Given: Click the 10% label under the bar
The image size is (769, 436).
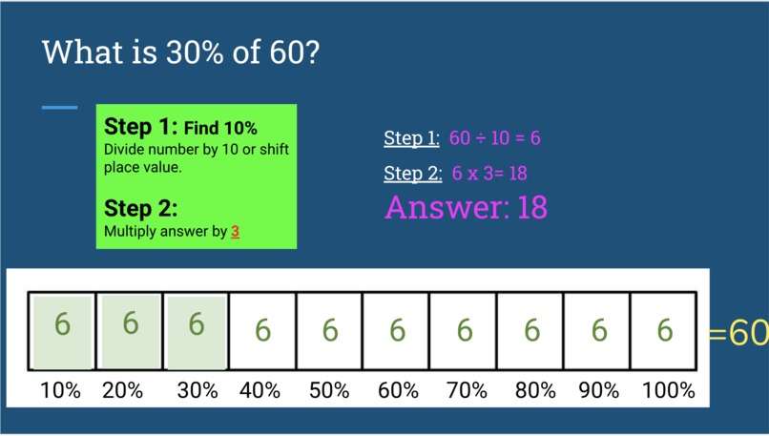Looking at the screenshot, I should [x=59, y=390].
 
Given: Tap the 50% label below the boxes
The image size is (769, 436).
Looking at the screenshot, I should [x=329, y=390].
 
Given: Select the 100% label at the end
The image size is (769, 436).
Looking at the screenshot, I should [x=668, y=390].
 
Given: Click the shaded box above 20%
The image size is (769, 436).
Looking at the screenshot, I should [x=130, y=331].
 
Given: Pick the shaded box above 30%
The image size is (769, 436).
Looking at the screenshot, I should [x=197, y=331].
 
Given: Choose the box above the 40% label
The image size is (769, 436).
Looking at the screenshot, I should [x=262, y=331].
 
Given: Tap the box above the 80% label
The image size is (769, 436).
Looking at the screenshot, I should [x=531, y=331].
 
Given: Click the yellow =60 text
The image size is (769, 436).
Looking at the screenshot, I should [x=738, y=332].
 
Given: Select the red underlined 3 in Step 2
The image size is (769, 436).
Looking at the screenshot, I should [x=235, y=232].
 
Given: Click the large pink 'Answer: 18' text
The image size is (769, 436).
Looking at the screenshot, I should [x=466, y=207].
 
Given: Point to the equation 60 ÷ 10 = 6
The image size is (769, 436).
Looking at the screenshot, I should [x=494, y=138].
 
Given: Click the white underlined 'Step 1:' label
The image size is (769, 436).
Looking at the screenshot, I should [x=411, y=138].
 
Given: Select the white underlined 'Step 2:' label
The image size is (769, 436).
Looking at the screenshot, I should [x=411, y=174].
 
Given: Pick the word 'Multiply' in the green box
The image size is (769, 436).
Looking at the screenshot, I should [x=129, y=232].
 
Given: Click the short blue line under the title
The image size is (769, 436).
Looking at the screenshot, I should [x=59, y=107].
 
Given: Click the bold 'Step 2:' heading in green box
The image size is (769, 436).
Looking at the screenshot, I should [x=141, y=209].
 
